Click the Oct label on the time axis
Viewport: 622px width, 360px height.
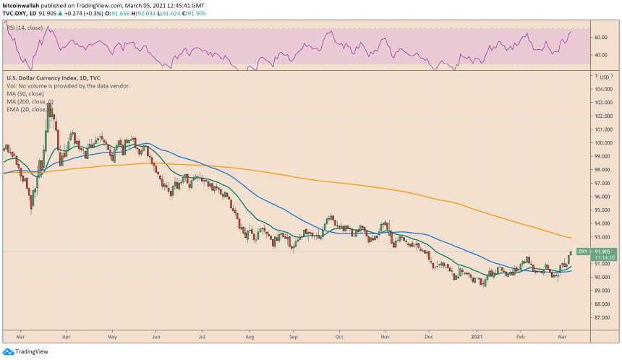point(338,337)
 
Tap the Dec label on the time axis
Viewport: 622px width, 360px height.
point(429,337)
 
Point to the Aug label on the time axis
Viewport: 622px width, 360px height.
point(250,337)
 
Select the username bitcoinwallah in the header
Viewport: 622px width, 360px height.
point(25,5)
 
